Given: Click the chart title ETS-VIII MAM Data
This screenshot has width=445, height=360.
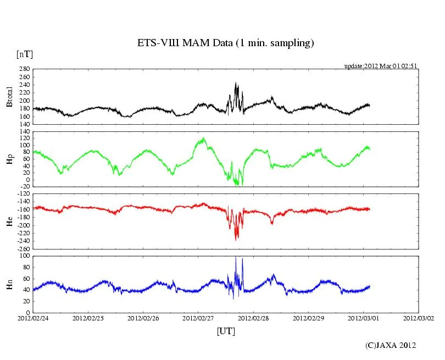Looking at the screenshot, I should (x=225, y=43).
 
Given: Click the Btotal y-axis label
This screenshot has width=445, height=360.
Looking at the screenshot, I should (x=10, y=96).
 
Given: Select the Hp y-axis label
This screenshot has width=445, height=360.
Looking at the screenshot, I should (x=9, y=158).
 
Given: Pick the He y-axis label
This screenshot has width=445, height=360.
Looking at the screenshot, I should (x=9, y=220).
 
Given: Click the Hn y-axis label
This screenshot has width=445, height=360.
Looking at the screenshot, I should (x=9, y=283).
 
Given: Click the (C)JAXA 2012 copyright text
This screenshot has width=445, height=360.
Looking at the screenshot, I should (x=391, y=345).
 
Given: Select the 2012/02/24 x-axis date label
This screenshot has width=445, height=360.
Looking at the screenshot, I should (x=33, y=318).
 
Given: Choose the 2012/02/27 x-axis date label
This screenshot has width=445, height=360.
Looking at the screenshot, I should (x=198, y=318).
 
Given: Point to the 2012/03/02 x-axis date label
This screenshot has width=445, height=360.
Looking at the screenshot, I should (x=419, y=318).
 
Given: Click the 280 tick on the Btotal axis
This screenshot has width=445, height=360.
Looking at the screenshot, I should (x=24, y=69).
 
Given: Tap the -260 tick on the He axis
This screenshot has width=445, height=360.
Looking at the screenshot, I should (x=23, y=248).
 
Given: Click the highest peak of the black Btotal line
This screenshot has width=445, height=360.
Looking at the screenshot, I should (x=236, y=83).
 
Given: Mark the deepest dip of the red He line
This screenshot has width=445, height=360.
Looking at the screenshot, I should (x=236, y=240).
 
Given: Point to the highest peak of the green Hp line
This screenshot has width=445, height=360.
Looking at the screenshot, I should (x=203, y=138).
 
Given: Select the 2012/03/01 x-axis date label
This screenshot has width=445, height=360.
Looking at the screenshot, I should (x=364, y=318).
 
